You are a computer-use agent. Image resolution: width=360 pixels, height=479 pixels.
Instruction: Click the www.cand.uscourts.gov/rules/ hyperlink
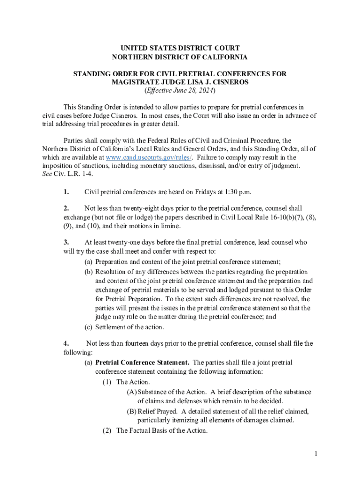149,158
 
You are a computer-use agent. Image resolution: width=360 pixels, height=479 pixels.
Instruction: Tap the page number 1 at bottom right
316,454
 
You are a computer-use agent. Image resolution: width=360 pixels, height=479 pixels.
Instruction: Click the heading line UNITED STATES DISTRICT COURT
180,48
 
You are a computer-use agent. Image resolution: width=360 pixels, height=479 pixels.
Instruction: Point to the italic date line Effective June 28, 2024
180,91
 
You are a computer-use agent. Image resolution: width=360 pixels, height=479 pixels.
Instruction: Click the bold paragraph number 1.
66,192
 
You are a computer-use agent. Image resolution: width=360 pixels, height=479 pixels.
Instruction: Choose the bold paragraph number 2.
66,208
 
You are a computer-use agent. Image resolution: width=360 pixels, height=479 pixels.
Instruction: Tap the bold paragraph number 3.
66,242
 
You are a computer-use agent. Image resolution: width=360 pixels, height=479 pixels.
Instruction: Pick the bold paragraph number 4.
66,343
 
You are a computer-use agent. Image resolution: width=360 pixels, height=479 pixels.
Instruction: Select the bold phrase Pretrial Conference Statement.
142,363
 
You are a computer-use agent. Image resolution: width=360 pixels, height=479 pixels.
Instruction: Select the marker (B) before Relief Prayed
131,411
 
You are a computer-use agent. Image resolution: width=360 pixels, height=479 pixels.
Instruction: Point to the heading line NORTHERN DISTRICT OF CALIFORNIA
180,57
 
